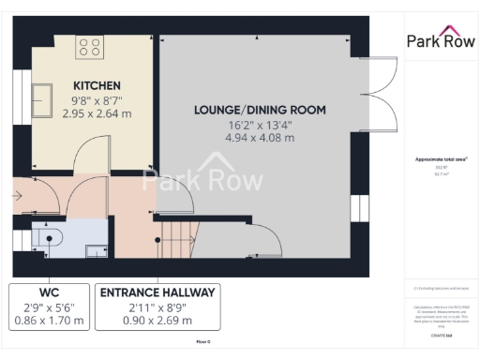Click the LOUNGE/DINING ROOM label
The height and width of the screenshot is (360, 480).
(260, 110)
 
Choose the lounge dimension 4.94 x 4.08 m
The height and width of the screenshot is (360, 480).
(260, 138)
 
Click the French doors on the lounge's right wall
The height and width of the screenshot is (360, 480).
(379, 98)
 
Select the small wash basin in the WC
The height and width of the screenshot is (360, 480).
(96, 249)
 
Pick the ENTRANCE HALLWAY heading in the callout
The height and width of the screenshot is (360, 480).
(157, 292)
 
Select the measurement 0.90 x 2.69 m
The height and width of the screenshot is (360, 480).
(157, 322)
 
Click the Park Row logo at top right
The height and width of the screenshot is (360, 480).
(440, 41)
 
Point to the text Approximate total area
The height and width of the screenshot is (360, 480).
(439, 158)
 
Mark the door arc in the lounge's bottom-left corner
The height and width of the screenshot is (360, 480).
(267, 239)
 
